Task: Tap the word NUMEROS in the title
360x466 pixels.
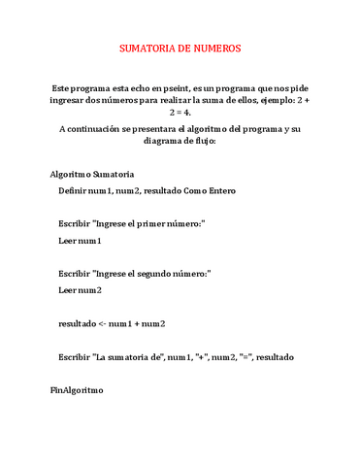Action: (x=219, y=48)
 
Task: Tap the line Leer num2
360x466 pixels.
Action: (x=81, y=289)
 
